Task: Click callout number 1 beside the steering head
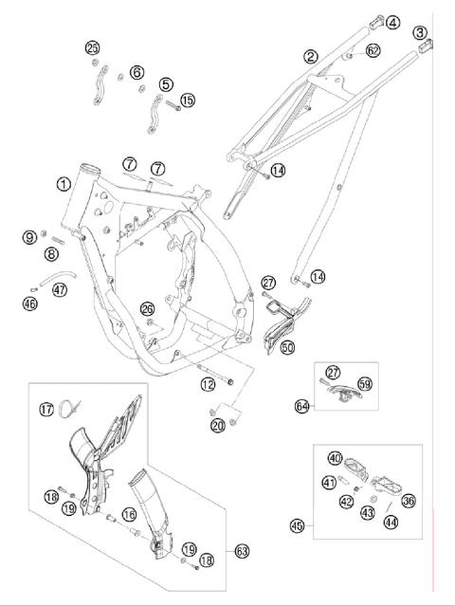click(x=64, y=184)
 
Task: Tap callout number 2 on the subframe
click(x=311, y=57)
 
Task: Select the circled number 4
click(x=393, y=23)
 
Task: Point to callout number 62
click(x=373, y=50)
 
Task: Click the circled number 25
click(x=93, y=48)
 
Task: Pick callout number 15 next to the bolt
click(x=188, y=101)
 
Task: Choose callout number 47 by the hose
click(x=60, y=289)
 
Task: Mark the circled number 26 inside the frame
click(x=147, y=309)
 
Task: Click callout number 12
click(x=208, y=384)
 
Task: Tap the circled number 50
click(x=287, y=347)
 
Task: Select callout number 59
click(x=365, y=384)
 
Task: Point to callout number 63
click(x=242, y=551)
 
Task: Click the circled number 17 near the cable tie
click(x=46, y=409)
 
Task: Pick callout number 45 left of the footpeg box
click(x=298, y=525)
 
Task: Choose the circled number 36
click(x=409, y=501)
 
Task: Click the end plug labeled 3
click(x=426, y=46)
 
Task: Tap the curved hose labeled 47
click(x=57, y=278)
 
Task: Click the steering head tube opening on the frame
click(x=90, y=169)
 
